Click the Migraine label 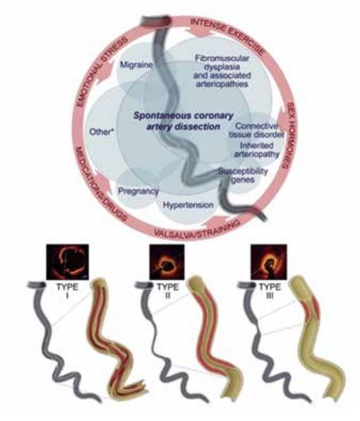tap(136, 65)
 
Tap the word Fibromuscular tap(222, 58)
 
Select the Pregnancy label tap(138, 191)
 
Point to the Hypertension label tap(188, 205)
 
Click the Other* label tap(100, 132)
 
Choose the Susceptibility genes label tap(243, 176)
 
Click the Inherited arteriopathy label tap(257, 150)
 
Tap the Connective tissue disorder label tap(256, 130)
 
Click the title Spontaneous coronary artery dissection tap(184, 121)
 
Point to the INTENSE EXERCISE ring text tap(227, 35)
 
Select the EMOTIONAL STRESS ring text tap(102, 73)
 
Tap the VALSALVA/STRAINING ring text tap(197, 229)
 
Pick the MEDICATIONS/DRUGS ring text tap(101, 183)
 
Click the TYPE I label tap(67, 291)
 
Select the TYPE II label tap(168, 291)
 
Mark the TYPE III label tap(270, 291)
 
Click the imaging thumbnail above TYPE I tap(68, 262)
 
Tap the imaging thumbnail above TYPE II tap(167, 262)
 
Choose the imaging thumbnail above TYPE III tap(269, 262)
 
